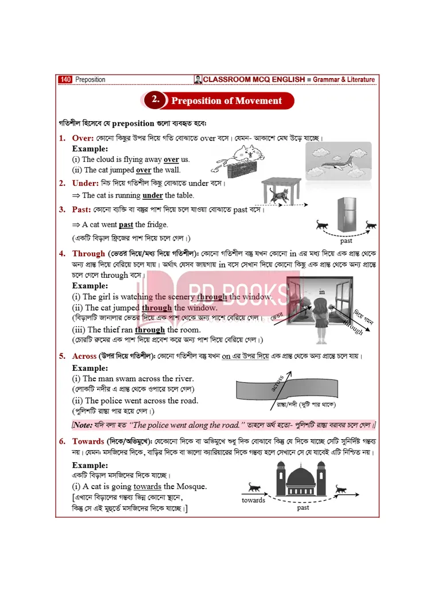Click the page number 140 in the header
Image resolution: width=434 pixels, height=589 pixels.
tap(65, 80)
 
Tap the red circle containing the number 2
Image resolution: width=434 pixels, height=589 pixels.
tap(155, 100)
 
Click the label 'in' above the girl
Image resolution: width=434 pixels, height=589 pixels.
tap(322, 292)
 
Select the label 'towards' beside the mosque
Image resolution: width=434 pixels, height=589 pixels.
tap(253, 500)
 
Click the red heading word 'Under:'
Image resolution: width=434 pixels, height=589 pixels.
tap(85, 183)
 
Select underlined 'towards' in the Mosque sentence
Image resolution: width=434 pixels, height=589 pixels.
tap(147, 486)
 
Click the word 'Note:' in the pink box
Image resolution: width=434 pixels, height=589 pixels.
tap(83, 425)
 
